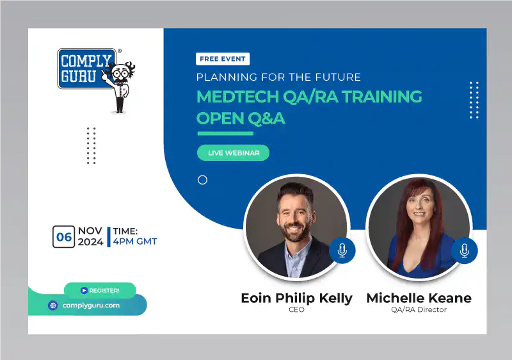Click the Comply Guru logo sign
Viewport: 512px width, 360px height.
pyautogui.click(x=86, y=69)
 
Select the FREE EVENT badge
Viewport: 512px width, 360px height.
pyautogui.click(x=223, y=59)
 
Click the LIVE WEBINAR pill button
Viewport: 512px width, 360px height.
pyautogui.click(x=233, y=152)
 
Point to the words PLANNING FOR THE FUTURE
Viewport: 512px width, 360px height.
pyautogui.click(x=278, y=78)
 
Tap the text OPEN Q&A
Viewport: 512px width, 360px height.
pyautogui.click(x=240, y=119)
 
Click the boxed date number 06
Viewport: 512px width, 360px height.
pyautogui.click(x=64, y=237)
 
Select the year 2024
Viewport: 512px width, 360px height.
pyautogui.click(x=90, y=242)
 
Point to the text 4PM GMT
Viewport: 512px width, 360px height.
pyautogui.click(x=134, y=241)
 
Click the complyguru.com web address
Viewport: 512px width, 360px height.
pyautogui.click(x=91, y=306)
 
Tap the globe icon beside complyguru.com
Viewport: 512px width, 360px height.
pyautogui.click(x=53, y=306)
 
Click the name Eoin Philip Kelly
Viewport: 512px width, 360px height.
pyautogui.click(x=296, y=298)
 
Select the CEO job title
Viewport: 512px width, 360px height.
pyautogui.click(x=296, y=310)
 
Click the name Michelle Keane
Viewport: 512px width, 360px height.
pyautogui.click(x=419, y=298)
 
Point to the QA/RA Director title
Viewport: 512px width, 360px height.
pyautogui.click(x=419, y=310)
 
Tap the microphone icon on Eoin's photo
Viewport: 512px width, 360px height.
pyautogui.click(x=342, y=250)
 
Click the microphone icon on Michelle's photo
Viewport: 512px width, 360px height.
pyautogui.click(x=464, y=250)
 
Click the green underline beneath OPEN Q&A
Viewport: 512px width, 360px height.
pyautogui.click(x=225, y=133)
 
